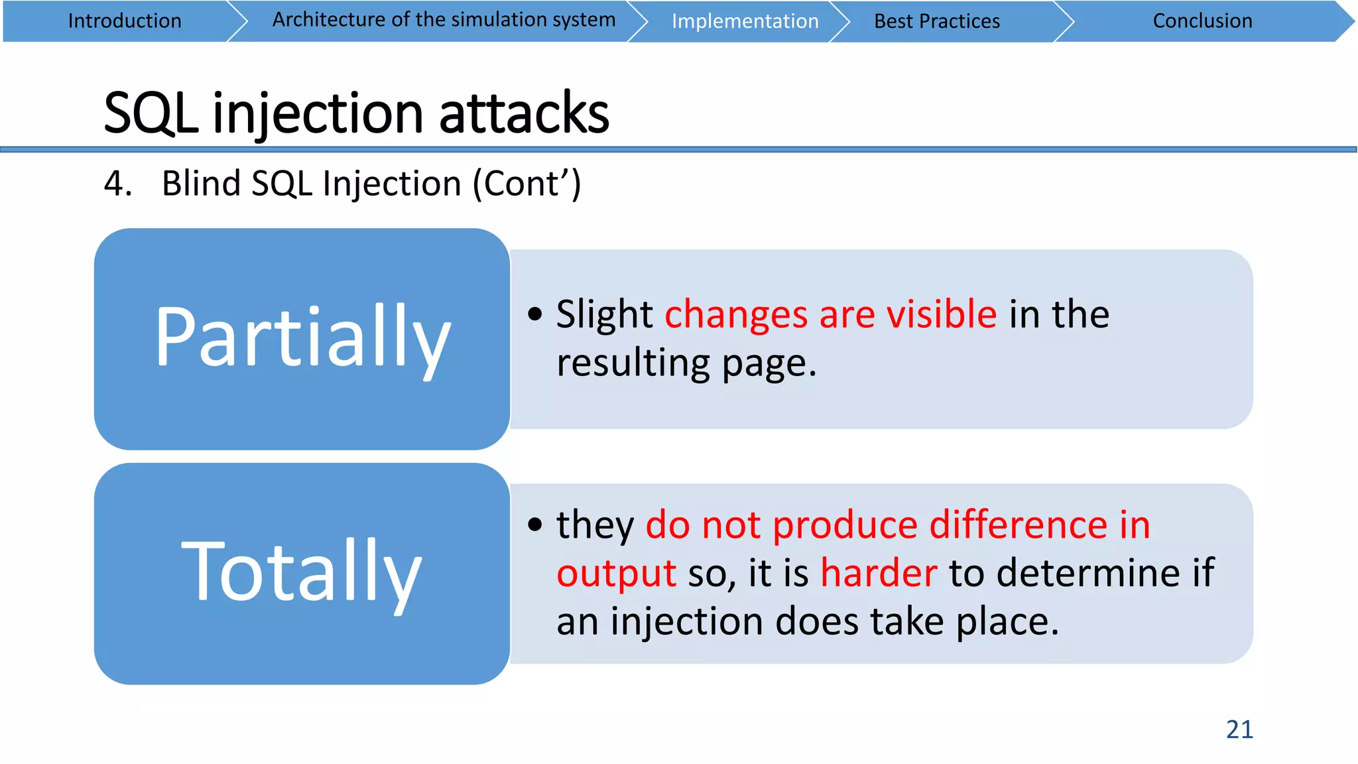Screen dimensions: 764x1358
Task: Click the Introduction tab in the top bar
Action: pos(125,21)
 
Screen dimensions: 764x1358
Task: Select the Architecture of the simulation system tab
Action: pos(444,20)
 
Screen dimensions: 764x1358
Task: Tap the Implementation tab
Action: pos(745,21)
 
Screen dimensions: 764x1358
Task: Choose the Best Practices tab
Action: pos(936,21)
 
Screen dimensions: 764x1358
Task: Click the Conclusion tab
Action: pos(1202,21)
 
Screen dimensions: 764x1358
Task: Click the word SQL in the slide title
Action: pos(151,113)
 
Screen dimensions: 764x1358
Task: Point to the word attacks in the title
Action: pos(524,113)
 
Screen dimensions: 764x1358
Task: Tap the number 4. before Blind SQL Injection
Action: pos(117,184)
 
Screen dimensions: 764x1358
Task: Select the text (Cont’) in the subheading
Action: pos(526,184)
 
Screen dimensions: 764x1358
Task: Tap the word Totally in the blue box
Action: pos(302,572)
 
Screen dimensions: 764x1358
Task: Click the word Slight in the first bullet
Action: pos(604,314)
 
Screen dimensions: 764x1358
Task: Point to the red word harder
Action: pos(879,573)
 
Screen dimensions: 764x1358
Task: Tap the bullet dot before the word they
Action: pos(535,525)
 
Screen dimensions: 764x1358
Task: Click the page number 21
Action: pos(1239,730)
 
